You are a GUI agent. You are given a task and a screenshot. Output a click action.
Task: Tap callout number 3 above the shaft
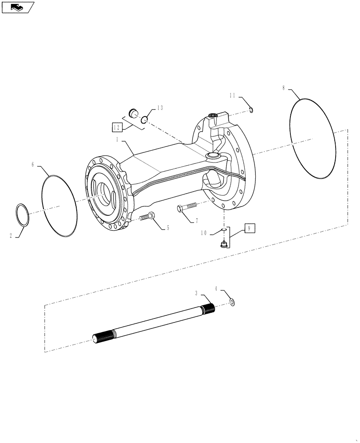(x=196, y=293)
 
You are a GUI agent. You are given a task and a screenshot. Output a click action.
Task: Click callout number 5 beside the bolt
(x=168, y=229)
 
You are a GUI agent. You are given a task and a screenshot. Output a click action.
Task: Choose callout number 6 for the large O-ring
(x=33, y=164)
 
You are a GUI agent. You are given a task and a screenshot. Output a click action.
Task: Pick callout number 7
(x=196, y=221)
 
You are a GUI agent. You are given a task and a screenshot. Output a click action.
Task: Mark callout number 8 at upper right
(x=284, y=88)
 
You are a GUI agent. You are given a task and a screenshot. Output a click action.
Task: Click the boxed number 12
(x=117, y=128)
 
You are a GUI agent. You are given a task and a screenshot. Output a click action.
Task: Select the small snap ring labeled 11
(x=251, y=109)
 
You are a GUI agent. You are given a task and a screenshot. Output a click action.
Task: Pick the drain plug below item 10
(x=224, y=243)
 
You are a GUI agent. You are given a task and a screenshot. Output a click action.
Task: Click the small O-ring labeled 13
(x=145, y=119)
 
